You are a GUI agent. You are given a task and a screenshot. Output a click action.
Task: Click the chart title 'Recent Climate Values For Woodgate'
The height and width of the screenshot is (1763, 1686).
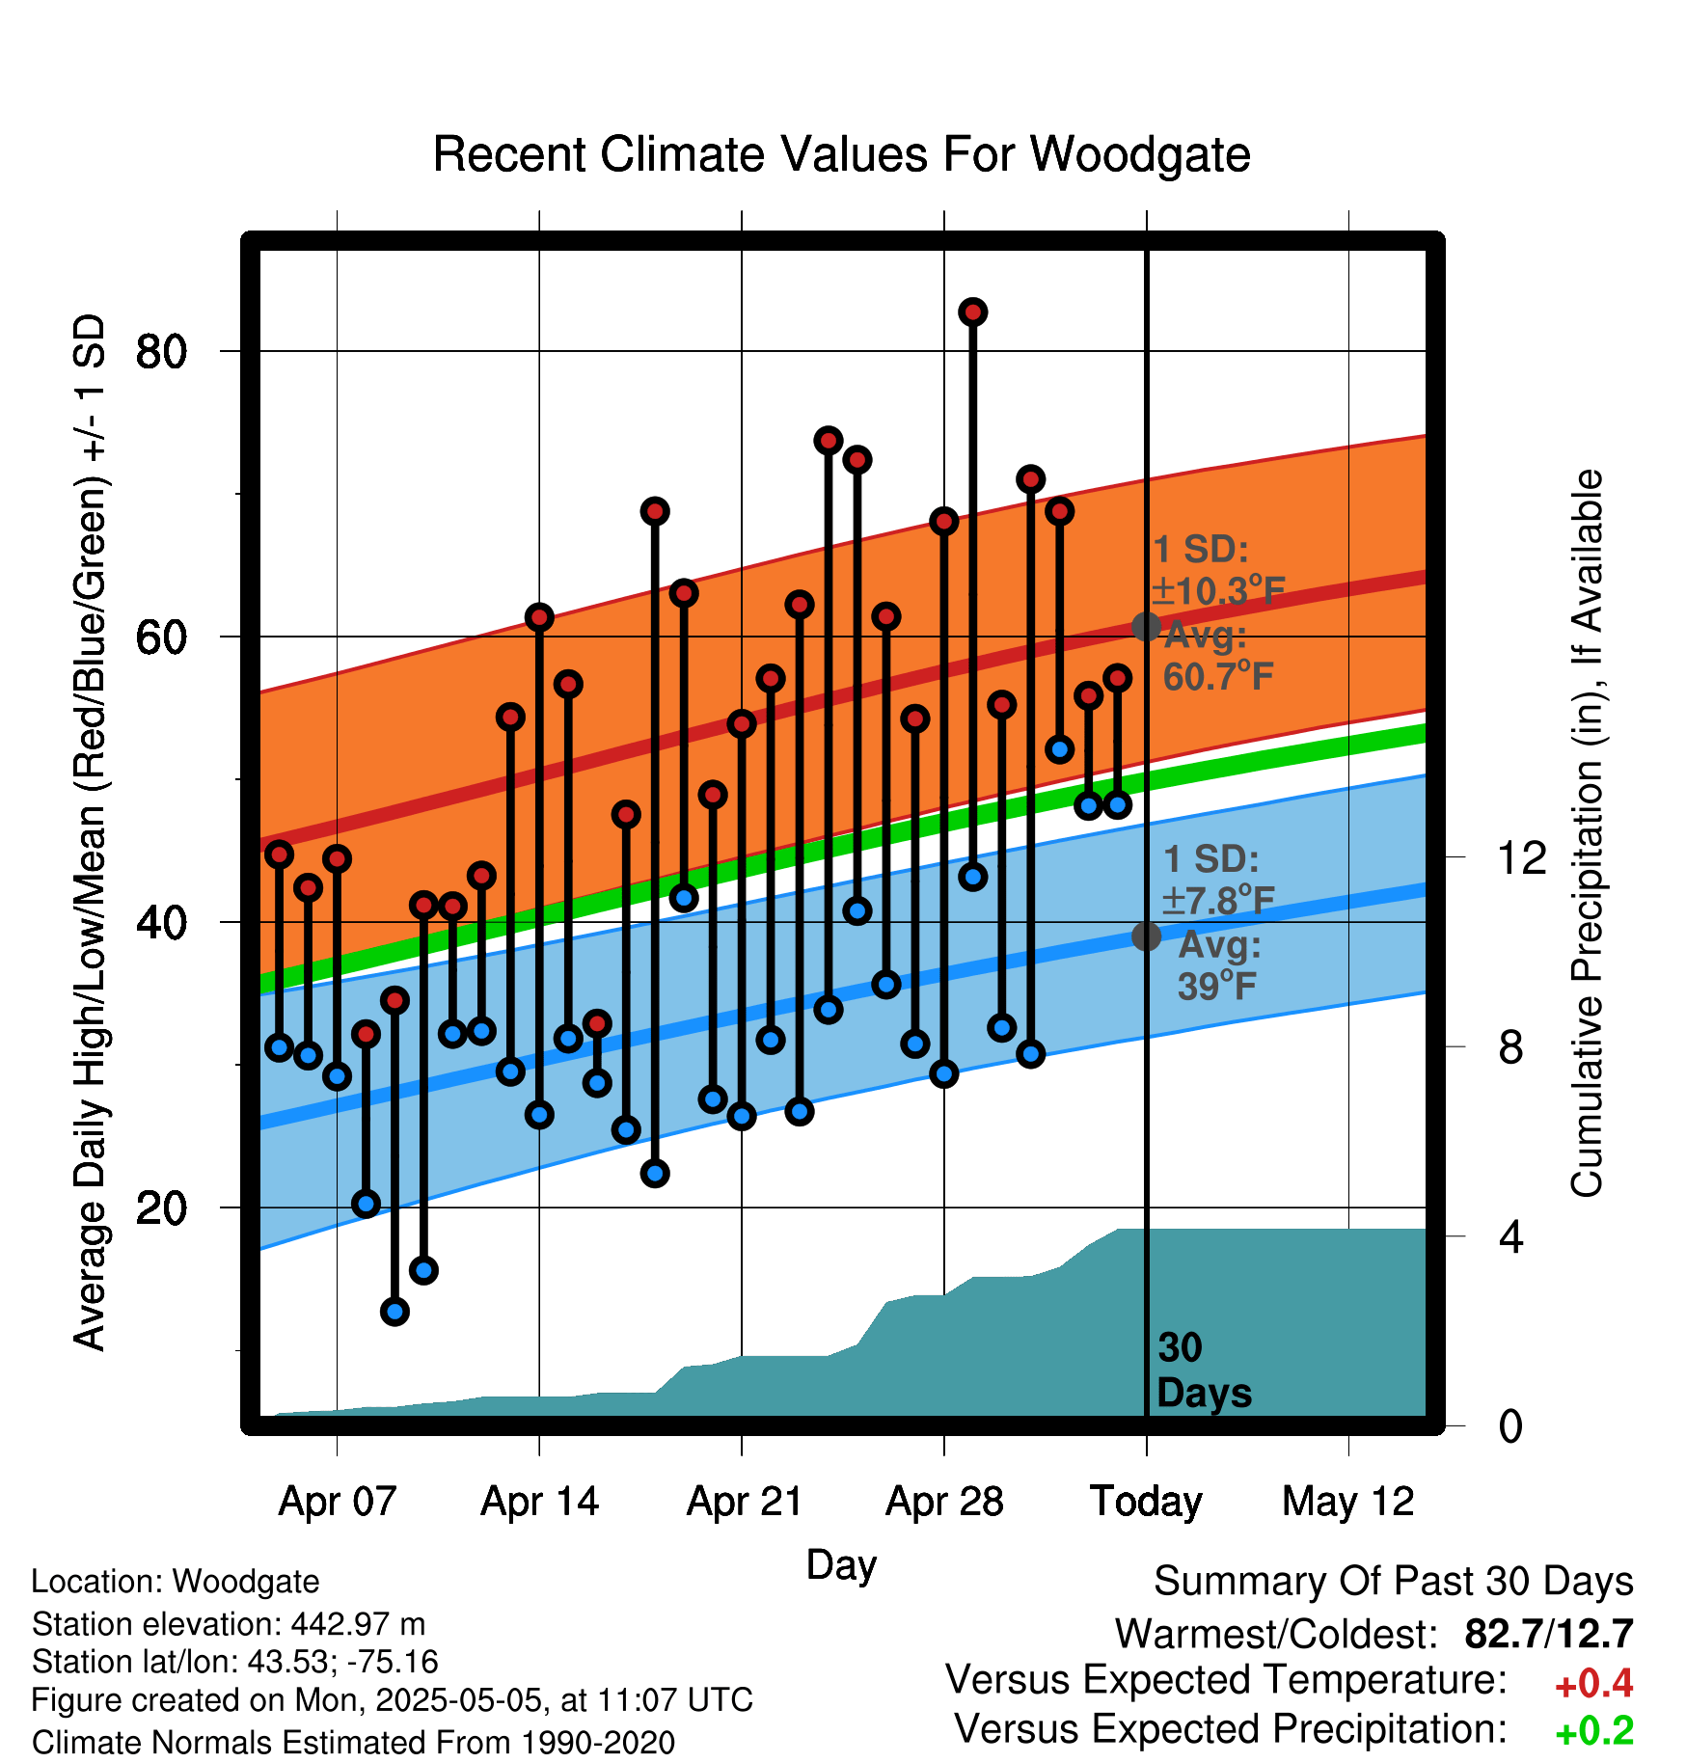[x=841, y=155]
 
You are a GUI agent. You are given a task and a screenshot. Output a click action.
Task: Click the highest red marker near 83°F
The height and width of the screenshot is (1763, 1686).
[x=972, y=312]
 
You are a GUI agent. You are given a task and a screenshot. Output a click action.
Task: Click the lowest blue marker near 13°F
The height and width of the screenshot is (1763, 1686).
[x=394, y=1311]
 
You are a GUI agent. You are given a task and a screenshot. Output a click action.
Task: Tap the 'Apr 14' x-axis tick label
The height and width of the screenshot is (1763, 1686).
[x=539, y=1502]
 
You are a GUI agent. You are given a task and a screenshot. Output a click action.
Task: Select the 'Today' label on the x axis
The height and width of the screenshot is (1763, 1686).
[x=1146, y=1502]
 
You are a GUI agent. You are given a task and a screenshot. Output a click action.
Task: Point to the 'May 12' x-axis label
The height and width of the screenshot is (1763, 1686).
[x=1347, y=1502]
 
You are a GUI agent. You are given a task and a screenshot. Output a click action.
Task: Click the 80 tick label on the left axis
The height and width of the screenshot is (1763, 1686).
[x=161, y=352]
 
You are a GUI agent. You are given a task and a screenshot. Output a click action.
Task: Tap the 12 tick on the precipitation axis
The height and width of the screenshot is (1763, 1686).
[x=1521, y=857]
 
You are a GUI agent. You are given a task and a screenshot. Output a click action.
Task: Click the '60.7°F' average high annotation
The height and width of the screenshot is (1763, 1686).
[x=1218, y=675]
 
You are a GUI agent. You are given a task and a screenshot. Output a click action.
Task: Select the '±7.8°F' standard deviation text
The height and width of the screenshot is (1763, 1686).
[x=1218, y=900]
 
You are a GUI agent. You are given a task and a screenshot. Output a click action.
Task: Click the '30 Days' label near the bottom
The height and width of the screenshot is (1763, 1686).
[x=1204, y=1370]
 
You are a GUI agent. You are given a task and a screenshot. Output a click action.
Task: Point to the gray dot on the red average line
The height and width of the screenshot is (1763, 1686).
[x=1146, y=627]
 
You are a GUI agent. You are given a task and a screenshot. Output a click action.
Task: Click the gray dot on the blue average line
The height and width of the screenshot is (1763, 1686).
[x=1146, y=936]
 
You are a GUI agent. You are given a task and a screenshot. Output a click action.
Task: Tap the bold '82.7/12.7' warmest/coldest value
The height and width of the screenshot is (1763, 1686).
[x=1548, y=1634]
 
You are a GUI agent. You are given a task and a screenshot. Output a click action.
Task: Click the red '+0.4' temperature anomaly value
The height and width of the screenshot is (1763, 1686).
[x=1593, y=1684]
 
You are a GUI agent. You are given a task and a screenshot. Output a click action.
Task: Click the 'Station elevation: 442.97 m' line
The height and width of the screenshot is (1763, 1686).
[x=229, y=1624]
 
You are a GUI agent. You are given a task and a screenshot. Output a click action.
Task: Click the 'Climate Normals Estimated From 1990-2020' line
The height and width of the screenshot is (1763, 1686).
[x=353, y=1743]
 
